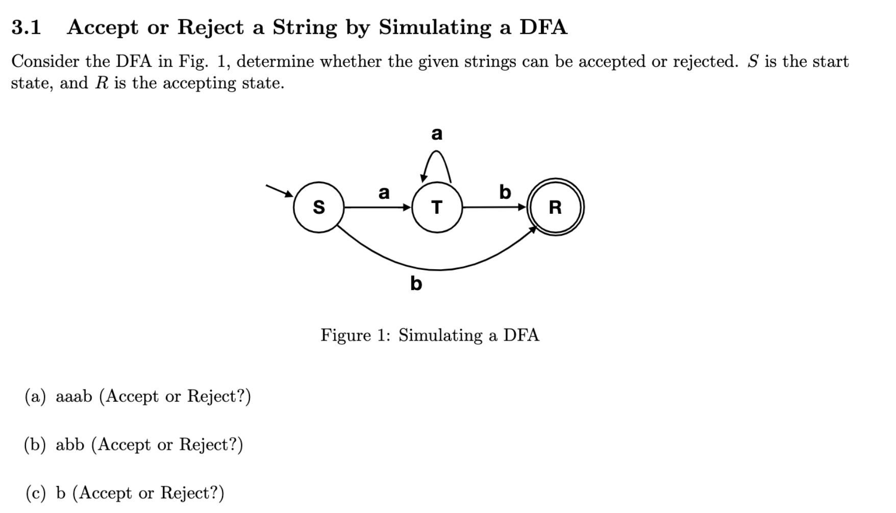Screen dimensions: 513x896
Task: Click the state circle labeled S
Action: pos(318,208)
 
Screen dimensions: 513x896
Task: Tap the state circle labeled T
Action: pos(437,208)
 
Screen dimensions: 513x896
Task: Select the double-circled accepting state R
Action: pos(555,208)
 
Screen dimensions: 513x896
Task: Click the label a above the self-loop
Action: pos(437,134)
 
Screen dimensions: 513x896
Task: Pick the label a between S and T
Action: pos(384,193)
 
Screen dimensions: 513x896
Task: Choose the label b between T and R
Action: pos(505,192)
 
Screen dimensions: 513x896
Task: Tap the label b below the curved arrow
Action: pos(416,283)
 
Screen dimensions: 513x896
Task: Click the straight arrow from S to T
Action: pos(378,208)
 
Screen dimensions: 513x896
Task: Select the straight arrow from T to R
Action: pos(494,208)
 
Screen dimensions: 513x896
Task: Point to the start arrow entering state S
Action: pos(279,190)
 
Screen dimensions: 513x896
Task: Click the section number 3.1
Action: pos(26,27)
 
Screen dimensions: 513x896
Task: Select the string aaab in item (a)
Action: pos(74,396)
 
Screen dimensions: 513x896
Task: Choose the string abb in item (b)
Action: pos(70,445)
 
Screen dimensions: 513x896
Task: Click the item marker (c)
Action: pos(36,493)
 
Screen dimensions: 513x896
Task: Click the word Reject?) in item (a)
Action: pos(219,396)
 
